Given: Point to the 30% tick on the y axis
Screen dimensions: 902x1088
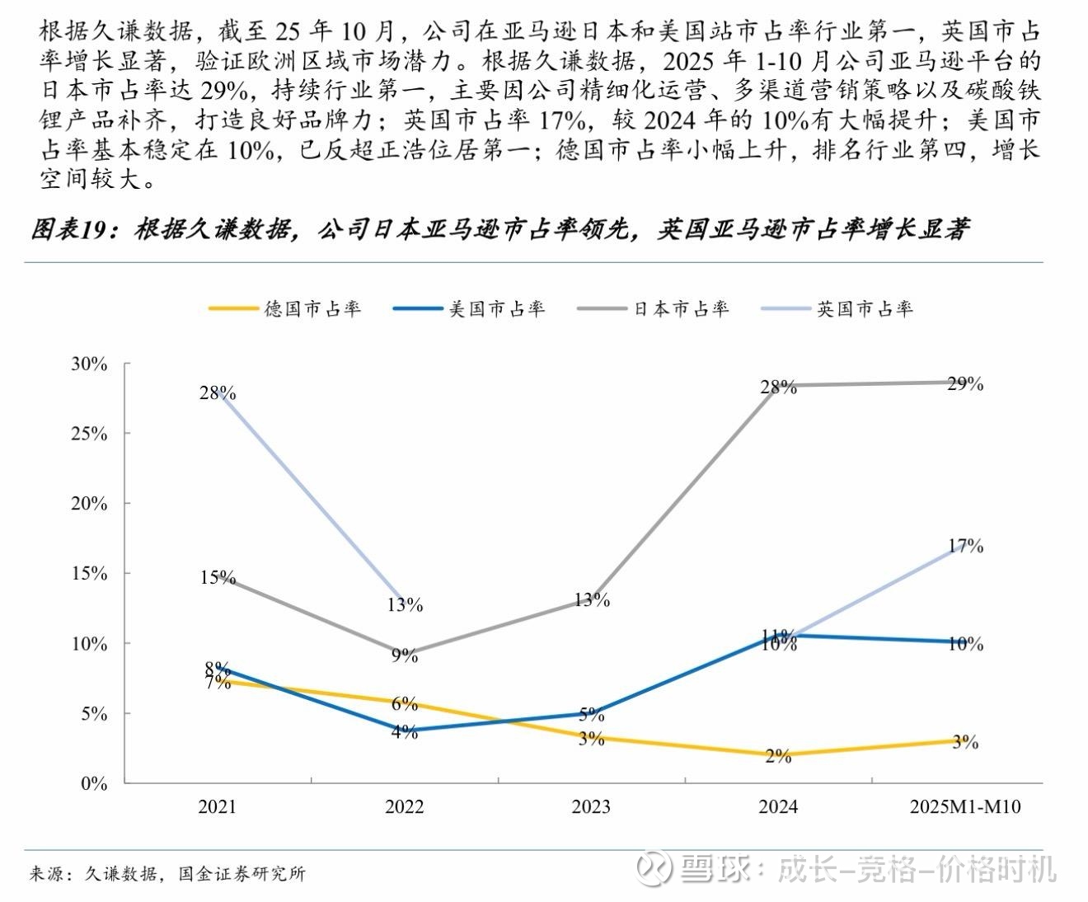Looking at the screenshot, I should [89, 364].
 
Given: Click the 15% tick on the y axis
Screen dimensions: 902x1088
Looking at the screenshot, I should [89, 573].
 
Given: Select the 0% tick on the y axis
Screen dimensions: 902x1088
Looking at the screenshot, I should [94, 783].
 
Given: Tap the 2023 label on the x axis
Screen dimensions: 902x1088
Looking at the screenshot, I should [591, 806].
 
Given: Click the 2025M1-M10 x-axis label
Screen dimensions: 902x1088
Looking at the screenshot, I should [964, 806].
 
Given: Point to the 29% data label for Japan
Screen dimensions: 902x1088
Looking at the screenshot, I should [965, 383].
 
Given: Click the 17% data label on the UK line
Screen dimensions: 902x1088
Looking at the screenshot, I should [965, 546].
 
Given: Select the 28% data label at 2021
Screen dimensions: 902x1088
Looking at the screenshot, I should [217, 392].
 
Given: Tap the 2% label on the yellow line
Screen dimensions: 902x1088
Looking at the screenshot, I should [778, 755].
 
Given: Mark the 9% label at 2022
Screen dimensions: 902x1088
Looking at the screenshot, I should [404, 655].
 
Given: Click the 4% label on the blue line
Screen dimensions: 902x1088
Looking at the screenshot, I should [404, 731].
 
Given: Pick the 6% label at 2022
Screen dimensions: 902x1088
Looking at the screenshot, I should [404, 703].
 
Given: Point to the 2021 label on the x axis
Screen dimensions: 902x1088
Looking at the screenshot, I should [217, 806].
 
